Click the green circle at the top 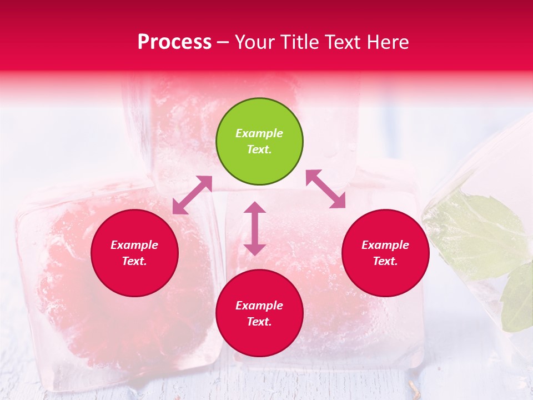259,142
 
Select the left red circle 134,253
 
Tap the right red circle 385,253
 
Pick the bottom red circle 259,313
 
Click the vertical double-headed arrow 255,228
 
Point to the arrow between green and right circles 326,189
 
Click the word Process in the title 174,42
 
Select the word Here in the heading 387,42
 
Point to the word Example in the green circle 259,133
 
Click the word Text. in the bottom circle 259,322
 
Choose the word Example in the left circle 134,245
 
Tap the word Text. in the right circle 385,261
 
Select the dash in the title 223,42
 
